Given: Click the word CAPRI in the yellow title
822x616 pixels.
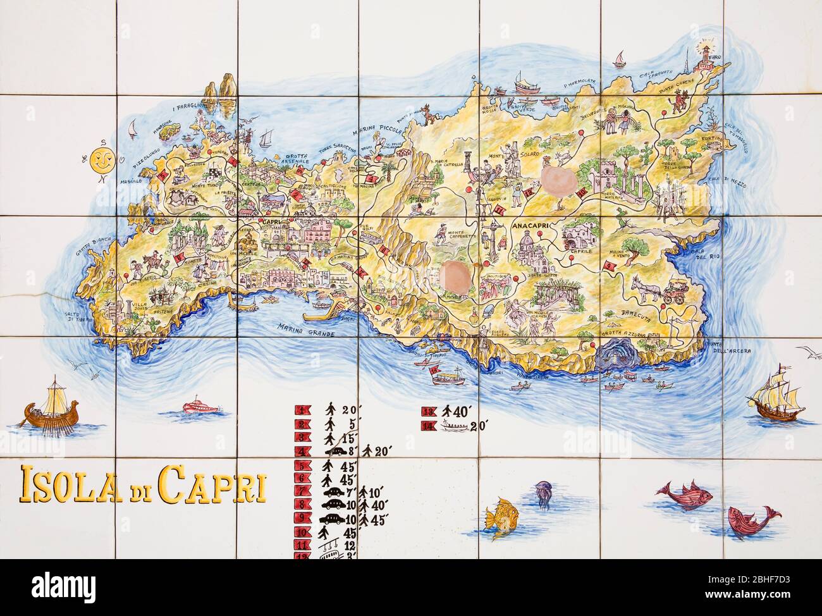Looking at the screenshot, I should pyautogui.click(x=212, y=485).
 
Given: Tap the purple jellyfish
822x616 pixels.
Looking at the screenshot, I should pyautogui.click(x=543, y=493).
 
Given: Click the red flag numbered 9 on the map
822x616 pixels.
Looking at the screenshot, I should pyautogui.click(x=608, y=267).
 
